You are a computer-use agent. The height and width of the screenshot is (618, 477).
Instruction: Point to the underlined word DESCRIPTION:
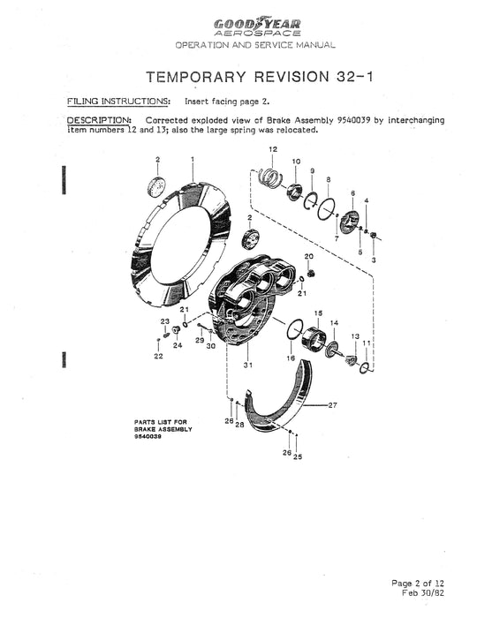(x=100, y=117)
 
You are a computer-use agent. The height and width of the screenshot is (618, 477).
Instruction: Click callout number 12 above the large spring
(x=273, y=150)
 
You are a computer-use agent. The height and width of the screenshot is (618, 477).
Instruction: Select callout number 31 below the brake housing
(x=249, y=365)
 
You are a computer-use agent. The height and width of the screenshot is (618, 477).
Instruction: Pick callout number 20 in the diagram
(x=310, y=256)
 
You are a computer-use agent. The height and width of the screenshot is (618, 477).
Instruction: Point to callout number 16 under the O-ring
(x=290, y=358)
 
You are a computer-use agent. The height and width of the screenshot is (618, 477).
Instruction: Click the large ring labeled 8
(x=326, y=209)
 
